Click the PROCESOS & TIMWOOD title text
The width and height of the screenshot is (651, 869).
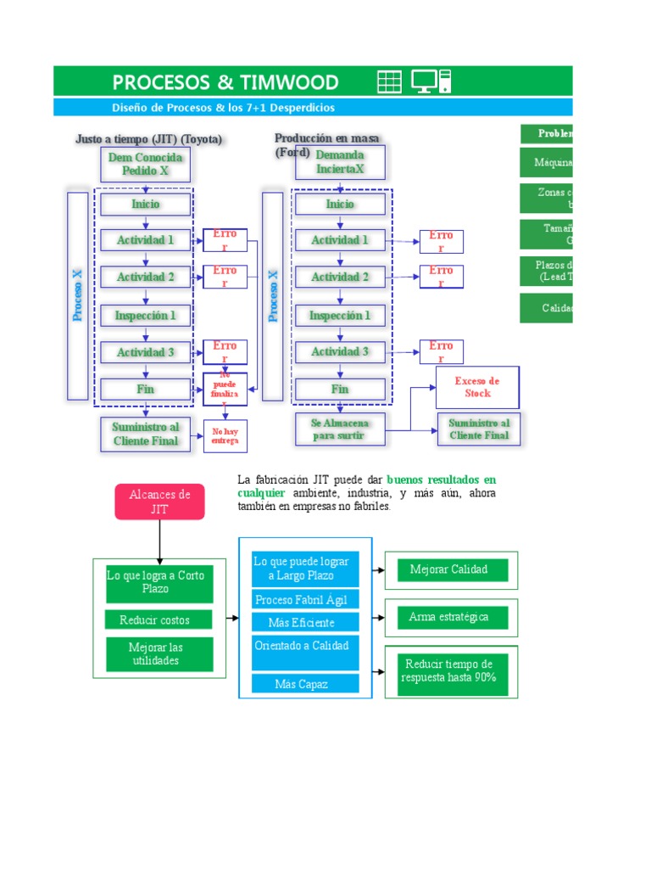click(x=225, y=82)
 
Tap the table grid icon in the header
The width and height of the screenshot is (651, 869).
click(x=389, y=81)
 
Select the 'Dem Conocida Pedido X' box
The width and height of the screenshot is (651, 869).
click(x=146, y=163)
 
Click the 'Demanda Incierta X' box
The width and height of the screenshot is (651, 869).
click(x=340, y=162)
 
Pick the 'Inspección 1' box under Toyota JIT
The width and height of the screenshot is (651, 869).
click(x=146, y=316)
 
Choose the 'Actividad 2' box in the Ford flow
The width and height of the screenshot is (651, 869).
click(x=340, y=278)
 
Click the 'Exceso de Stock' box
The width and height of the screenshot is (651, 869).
click(x=477, y=388)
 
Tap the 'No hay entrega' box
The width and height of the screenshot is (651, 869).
click(x=225, y=436)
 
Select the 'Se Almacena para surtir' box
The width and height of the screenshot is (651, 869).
click(x=339, y=429)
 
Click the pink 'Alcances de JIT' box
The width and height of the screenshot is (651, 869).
click(x=159, y=502)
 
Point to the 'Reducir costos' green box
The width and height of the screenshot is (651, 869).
click(x=154, y=620)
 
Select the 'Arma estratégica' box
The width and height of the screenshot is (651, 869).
click(x=452, y=617)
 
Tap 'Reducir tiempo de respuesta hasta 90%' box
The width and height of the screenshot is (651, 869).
click(x=452, y=670)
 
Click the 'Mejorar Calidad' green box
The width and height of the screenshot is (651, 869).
click(x=452, y=569)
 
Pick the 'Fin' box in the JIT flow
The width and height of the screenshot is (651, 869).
click(x=146, y=390)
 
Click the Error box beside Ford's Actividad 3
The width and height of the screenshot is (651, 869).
click(x=441, y=351)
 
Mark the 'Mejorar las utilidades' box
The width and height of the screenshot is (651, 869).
click(x=155, y=653)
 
